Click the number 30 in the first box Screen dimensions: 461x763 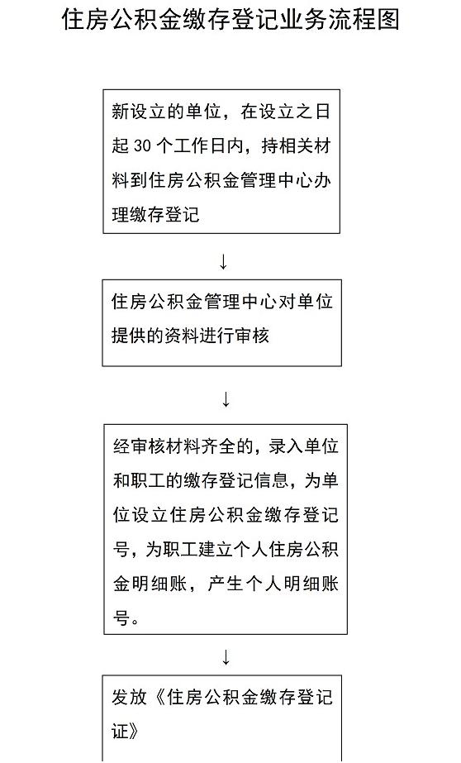pyautogui.click(x=141, y=146)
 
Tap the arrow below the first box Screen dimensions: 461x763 pyautogui.click(x=223, y=262)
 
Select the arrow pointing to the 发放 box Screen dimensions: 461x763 pyautogui.click(x=226, y=657)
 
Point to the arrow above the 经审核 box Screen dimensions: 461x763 pyautogui.click(x=226, y=399)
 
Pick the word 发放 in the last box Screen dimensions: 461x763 pyautogui.click(x=130, y=697)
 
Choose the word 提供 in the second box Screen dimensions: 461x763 pyautogui.click(x=129, y=336)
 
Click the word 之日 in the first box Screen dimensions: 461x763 pyautogui.click(x=312, y=112)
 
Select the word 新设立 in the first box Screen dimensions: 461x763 pyautogui.click(x=138, y=112)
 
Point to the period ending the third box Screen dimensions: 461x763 pyautogui.click(x=135, y=622)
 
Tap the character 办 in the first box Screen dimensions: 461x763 pyautogui.click(x=322, y=180)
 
